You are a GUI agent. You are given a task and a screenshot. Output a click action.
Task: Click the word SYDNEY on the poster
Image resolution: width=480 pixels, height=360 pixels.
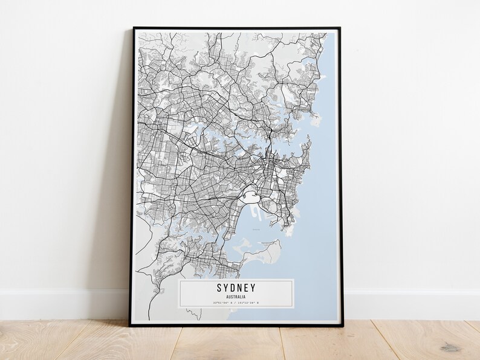click(x=236, y=288)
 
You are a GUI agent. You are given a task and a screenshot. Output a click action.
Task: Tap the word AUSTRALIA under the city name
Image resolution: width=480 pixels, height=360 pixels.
click(x=236, y=296)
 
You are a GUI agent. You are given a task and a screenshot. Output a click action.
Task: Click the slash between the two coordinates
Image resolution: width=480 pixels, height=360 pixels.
click(x=236, y=302)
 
